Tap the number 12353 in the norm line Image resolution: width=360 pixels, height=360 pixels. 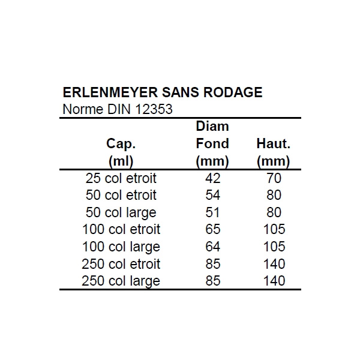[154, 110]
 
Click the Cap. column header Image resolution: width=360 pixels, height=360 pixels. [121, 144]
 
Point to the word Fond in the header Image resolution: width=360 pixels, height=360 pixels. [212, 144]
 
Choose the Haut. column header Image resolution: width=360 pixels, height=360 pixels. [273, 144]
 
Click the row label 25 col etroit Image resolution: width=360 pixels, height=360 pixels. [121, 178]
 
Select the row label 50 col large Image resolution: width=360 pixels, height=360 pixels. [121, 212]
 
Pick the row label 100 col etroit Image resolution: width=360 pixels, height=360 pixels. [121, 230]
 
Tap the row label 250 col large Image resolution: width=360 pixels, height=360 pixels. [121, 281]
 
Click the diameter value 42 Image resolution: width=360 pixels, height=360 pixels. [212, 178]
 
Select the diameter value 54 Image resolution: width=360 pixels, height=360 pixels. [212, 196]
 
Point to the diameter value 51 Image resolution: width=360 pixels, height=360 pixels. [212, 212]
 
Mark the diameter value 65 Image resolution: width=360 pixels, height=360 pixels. [212, 230]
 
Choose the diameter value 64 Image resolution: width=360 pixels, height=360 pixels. [212, 247]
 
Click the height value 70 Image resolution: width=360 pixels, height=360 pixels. [273, 178]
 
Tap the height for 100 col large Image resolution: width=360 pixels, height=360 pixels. [273, 247]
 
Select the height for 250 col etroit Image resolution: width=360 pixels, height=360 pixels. [273, 264]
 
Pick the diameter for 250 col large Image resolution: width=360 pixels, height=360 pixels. [212, 281]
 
